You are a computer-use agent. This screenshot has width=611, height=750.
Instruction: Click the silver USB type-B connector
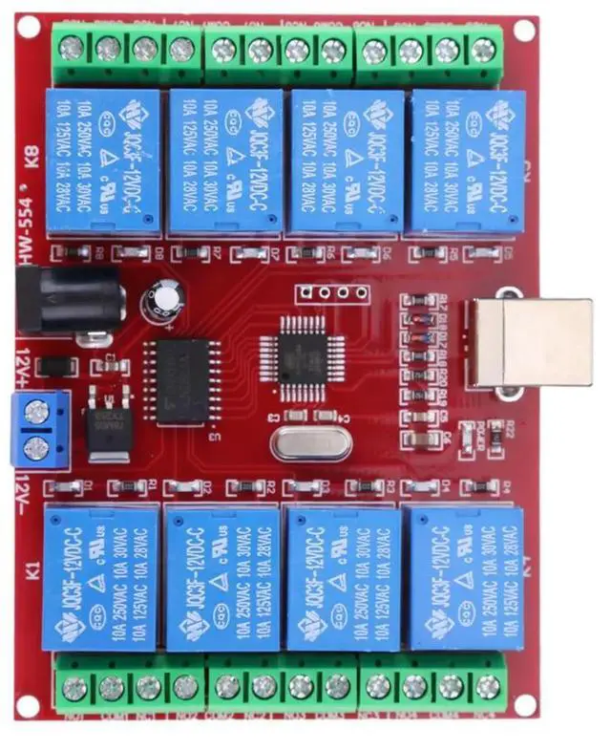coord(530,343)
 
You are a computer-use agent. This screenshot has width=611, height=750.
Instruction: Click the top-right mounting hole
coord(524,30)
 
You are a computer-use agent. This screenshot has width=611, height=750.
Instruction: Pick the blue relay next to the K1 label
coord(100,577)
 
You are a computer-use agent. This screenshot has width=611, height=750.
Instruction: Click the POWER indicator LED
coord(468,429)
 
